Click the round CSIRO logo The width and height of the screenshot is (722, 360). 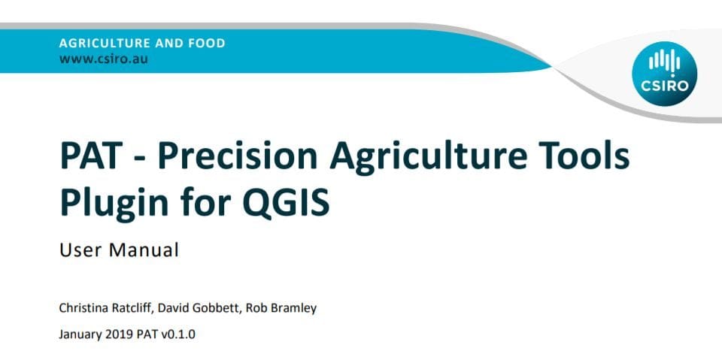664,74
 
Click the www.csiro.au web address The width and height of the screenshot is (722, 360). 104,59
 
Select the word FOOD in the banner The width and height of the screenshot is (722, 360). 207,44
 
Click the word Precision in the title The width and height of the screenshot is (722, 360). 238,156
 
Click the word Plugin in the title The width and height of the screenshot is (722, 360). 114,205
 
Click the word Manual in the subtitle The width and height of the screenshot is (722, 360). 144,250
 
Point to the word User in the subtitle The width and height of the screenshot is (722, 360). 81,250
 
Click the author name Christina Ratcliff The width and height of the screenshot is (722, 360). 105,308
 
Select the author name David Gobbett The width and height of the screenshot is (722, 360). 199,308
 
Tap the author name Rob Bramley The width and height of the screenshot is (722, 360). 281,308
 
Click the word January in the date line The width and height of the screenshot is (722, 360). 79,334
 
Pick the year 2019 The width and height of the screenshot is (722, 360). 119,334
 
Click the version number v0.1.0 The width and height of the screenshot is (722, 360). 178,334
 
